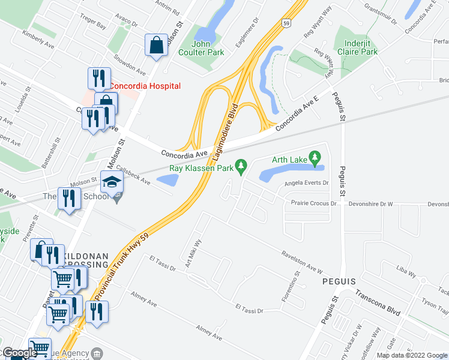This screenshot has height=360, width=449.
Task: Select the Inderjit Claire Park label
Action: coord(361,47)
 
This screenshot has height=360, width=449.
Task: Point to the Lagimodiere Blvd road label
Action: coord(233,124)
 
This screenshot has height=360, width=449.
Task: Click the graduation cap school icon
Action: coord(112,182)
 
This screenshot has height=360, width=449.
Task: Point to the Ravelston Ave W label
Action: coord(302,263)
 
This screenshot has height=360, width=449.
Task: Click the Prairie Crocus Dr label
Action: coord(313,203)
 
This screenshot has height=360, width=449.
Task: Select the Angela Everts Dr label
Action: coord(307,183)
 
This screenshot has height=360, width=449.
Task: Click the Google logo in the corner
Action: coord(19,353)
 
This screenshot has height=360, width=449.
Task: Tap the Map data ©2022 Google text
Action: coord(411,355)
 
